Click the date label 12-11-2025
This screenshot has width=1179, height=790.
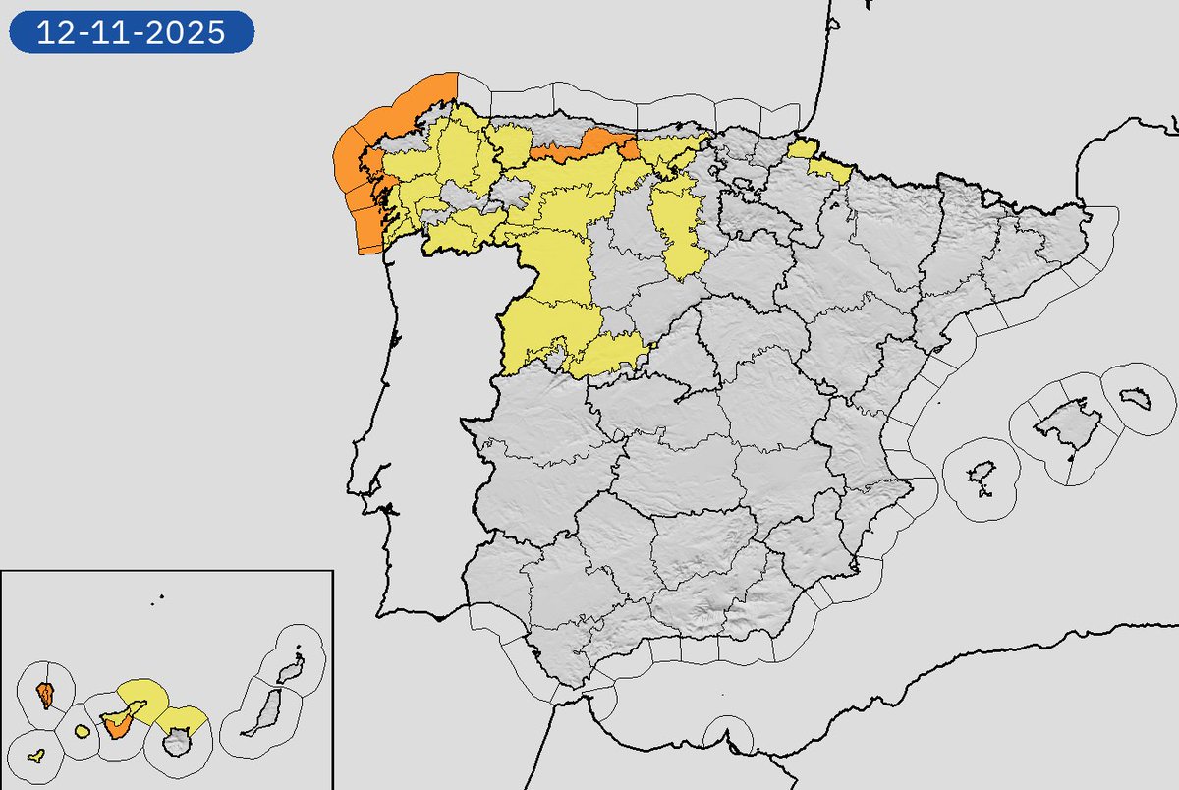pyautogui.click(x=132, y=33)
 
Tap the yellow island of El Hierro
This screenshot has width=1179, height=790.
pyautogui.click(x=36, y=757)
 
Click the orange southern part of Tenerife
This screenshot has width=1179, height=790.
pyautogui.click(x=118, y=727)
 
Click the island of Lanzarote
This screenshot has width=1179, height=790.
pyautogui.click(x=289, y=672)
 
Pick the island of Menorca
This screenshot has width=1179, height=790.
pyautogui.click(x=1138, y=398)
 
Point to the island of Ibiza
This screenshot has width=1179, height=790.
pyautogui.click(x=981, y=480)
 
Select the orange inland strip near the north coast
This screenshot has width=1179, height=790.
pyautogui.click(x=580, y=148)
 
